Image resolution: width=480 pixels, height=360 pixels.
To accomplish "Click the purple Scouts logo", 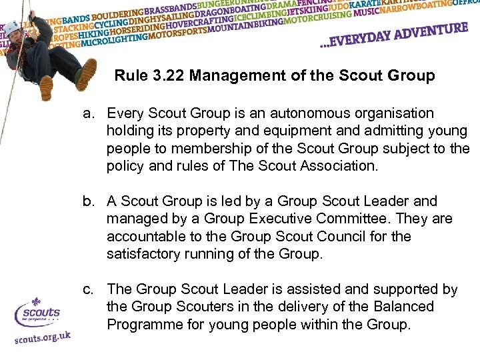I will (38, 312).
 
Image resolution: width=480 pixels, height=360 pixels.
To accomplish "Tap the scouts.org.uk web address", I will (42, 338).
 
